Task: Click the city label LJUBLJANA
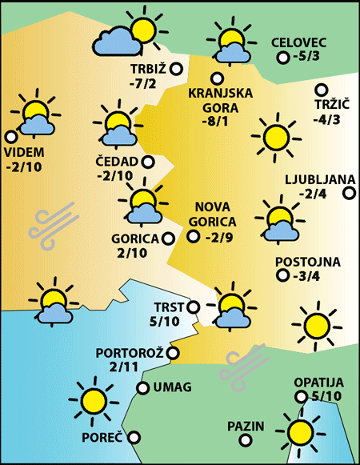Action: (313, 178)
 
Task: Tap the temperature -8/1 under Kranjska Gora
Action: (216, 122)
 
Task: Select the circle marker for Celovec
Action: (282, 58)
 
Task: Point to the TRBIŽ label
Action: (148, 69)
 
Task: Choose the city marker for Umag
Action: (142, 388)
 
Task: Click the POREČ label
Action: (102, 438)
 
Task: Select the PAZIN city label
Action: (245, 426)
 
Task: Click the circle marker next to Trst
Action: (193, 307)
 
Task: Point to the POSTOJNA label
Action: (308, 262)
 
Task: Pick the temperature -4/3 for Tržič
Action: (327, 120)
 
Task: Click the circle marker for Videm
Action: (10, 137)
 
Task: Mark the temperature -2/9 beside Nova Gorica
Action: (218, 237)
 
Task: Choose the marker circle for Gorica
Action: (167, 238)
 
